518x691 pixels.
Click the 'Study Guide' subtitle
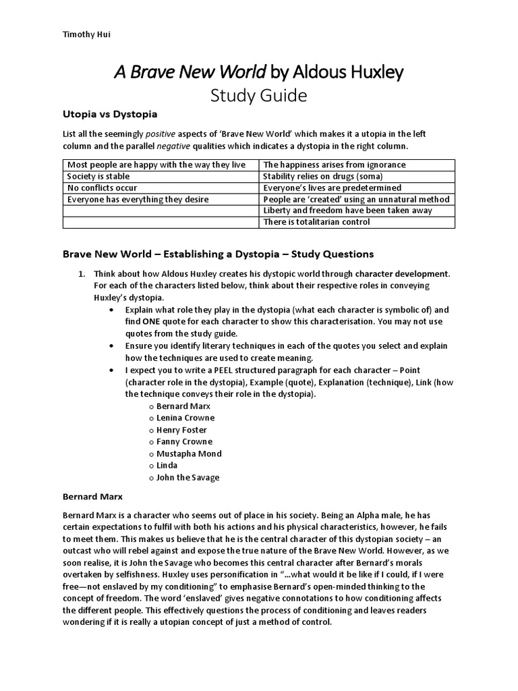(259, 96)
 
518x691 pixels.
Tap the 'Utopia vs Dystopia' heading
(110, 114)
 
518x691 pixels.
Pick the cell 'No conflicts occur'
(102, 188)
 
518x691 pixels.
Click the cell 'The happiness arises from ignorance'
(334, 165)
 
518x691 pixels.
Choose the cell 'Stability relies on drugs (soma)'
(323, 176)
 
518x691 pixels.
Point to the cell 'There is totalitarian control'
(316, 222)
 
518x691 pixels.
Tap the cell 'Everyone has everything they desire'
(138, 199)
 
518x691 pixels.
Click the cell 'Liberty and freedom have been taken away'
(347, 211)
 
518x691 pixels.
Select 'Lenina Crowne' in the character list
(185, 418)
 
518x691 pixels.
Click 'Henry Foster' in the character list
(181, 430)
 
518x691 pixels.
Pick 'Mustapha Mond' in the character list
(189, 453)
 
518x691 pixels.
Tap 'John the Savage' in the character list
(188, 477)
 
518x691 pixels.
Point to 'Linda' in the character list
(167, 466)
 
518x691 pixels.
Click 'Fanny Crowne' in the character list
(184, 441)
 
